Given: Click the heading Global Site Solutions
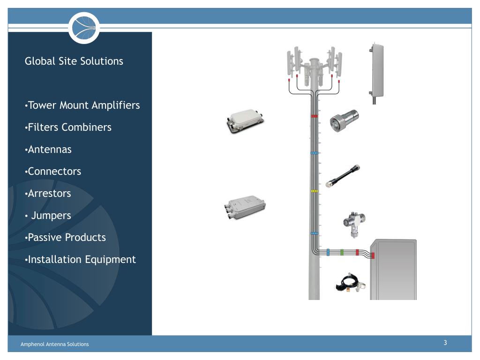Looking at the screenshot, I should pyautogui.click(x=74, y=61).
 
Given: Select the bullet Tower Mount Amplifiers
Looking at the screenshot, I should pyautogui.click(x=83, y=105).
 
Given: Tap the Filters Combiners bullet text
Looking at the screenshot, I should pyautogui.click(x=69, y=127).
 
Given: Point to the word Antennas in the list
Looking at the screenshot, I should pyautogui.click(x=50, y=150).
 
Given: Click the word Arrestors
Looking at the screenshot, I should pyautogui.click(x=50, y=193).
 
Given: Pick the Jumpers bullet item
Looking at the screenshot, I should pyautogui.click(x=51, y=216).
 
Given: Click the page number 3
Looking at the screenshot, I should pyautogui.click(x=445, y=343).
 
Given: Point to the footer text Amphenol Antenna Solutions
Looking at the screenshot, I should pyautogui.click(x=54, y=344).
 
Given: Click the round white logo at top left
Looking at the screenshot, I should pyautogui.click(x=84, y=28).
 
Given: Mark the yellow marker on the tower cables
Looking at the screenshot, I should pyautogui.click(x=314, y=191).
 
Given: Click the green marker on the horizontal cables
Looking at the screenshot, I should pyautogui.click(x=342, y=252).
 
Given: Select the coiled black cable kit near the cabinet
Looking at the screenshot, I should pyautogui.click(x=351, y=282).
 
